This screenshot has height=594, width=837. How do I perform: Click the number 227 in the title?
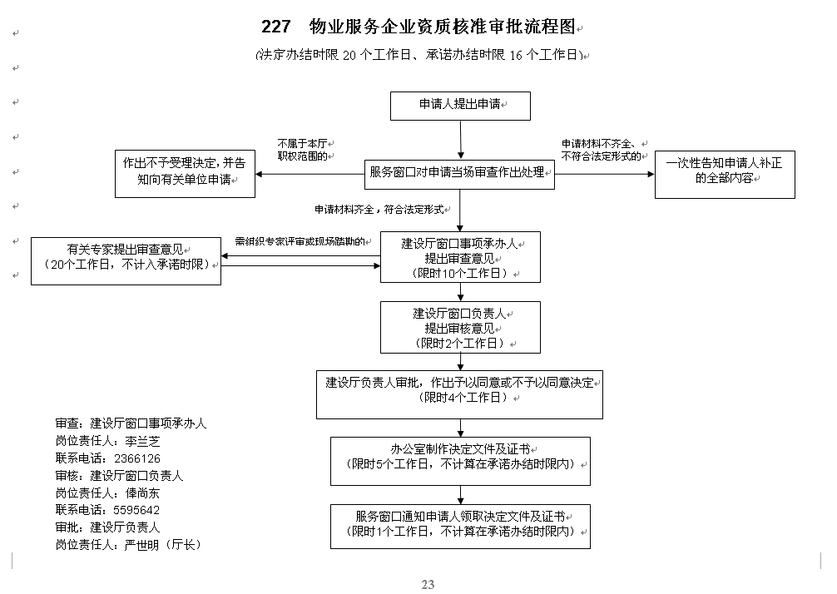pos(276,26)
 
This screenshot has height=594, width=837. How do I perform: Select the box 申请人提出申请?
pos(460,106)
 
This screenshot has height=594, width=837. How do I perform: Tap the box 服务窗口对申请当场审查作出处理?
pos(459,174)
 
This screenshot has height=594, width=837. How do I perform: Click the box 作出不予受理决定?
pos(185,174)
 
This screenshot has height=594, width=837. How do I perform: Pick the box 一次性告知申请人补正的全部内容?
pos(725,175)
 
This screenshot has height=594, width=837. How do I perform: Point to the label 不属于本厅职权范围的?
pos(303,150)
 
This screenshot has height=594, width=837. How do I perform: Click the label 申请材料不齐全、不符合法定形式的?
pos(602,150)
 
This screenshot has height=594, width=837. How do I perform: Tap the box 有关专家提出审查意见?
pos(126,261)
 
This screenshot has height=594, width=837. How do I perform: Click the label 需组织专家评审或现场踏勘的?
pos(300,241)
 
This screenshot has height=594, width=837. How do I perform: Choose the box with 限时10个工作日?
pos(460,257)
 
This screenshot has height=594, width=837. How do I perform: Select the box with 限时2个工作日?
pos(460,327)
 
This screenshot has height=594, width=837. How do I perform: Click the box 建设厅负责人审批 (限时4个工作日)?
pos(459,394)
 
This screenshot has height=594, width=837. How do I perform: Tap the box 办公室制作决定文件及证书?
pos(460,461)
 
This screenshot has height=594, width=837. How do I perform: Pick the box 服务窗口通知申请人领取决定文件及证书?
pos(460,527)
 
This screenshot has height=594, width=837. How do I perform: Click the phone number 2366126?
pos(137,458)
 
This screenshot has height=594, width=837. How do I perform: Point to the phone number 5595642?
pos(136,510)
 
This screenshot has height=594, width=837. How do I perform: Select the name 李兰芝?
pos(142,442)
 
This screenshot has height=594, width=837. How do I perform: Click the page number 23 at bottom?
pos(428,584)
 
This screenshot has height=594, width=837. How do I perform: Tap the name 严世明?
pos(142,545)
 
